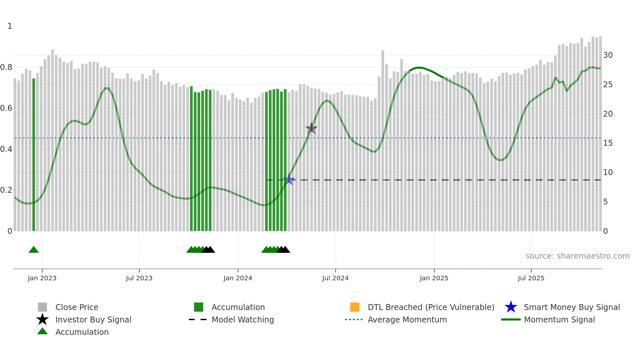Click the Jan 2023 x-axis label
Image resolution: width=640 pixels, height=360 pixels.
[42, 278]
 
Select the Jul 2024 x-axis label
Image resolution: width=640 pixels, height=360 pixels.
[335, 278]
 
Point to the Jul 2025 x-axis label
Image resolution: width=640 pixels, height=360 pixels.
[531, 278]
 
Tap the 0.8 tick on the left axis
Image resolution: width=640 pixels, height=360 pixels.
[6, 67]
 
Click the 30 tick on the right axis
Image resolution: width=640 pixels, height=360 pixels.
[608, 55]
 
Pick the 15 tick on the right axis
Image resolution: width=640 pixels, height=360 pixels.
[608, 143]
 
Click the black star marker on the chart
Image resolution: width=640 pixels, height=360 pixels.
[312, 128]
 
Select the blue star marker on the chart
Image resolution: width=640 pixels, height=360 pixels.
[289, 180]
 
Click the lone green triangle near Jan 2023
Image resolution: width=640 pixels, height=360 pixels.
[34, 250]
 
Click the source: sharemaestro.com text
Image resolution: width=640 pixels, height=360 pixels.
[577, 256]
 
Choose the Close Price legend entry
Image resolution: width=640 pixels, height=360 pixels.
[77, 307]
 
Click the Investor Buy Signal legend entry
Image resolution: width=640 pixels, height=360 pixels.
[93, 319]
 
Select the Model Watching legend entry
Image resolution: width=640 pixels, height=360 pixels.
[243, 319]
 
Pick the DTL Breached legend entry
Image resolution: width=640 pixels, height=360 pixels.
[431, 307]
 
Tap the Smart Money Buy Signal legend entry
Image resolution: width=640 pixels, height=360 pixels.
[572, 307]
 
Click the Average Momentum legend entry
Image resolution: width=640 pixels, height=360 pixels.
[407, 319]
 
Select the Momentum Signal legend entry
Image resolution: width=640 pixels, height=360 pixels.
[559, 319]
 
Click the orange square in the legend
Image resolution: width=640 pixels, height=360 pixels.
[355, 307]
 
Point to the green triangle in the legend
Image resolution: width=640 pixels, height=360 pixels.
[42, 332]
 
